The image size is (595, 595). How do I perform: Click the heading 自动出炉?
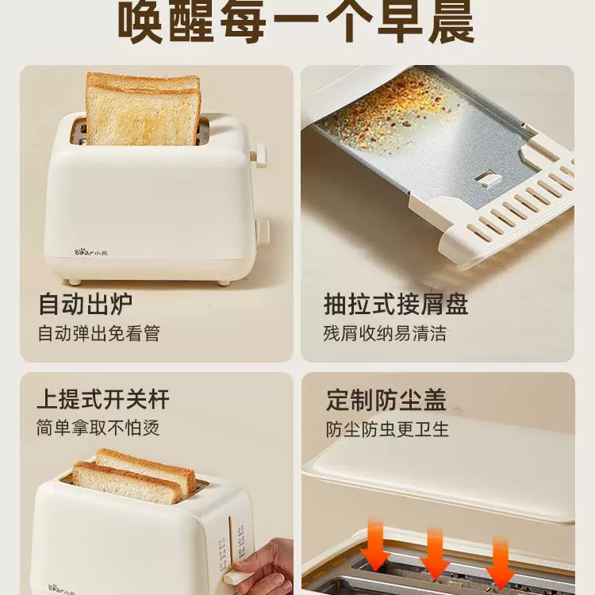tap(86, 304)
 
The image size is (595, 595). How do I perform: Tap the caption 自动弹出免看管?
tap(99, 333)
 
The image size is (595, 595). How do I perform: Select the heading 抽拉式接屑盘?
tap(396, 304)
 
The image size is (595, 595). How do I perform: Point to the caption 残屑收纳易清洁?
tap(385, 333)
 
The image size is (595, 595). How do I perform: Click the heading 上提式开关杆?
tap(103, 399)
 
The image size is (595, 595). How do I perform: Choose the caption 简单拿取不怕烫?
tap(98, 428)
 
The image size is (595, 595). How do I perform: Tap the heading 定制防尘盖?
tap(386, 400)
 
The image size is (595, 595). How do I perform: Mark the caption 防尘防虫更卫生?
tap(387, 429)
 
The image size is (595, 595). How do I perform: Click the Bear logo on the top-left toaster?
tap(91, 252)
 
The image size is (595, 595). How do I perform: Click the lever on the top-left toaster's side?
tap(259, 155)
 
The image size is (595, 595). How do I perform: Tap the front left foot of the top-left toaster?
tap(75, 282)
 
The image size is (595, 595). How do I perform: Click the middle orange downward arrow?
tap(436, 553)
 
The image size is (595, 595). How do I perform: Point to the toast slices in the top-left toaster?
tap(143, 109)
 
